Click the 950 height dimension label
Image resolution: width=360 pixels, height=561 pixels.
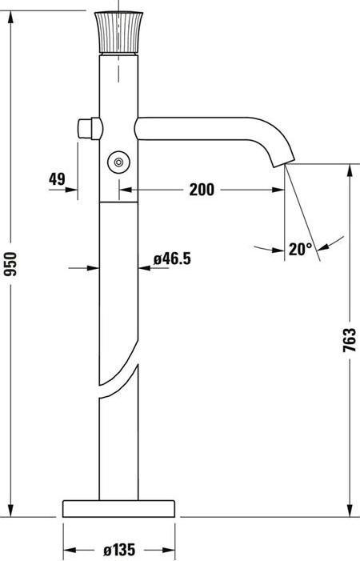[10, 263]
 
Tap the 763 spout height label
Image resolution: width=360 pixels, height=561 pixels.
[349, 340]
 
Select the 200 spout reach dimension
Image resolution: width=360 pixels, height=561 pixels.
[202, 190]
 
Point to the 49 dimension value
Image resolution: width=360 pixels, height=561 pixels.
[57, 179]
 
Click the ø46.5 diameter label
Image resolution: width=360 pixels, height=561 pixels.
[172, 258]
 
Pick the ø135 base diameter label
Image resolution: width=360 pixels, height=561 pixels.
[119, 550]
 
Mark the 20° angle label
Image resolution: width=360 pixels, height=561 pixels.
[300, 249]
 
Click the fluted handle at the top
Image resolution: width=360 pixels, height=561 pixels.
[118, 33]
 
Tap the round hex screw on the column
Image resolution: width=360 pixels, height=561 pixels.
[118, 162]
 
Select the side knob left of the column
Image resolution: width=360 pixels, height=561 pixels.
[90, 128]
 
